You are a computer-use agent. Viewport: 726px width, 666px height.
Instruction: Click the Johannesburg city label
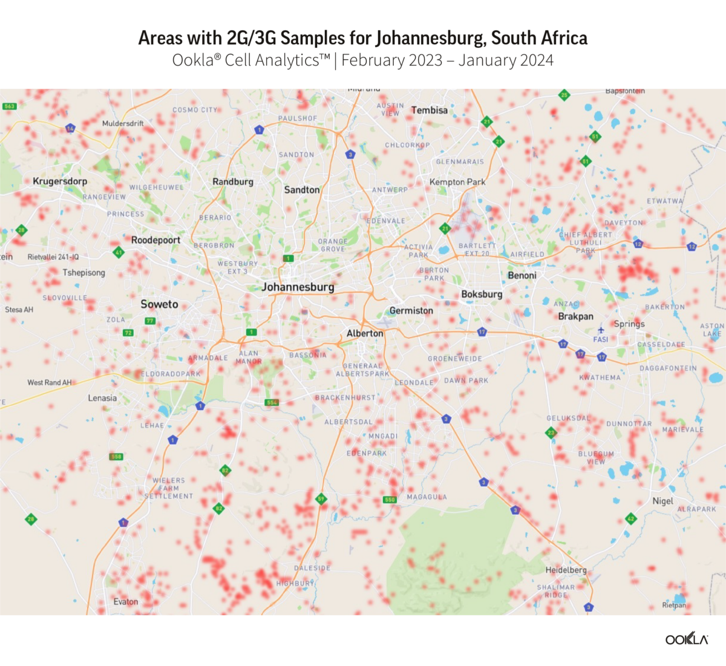298,287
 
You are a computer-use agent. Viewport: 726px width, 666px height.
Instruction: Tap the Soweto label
159,304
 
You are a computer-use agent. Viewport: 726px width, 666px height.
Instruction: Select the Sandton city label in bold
302,190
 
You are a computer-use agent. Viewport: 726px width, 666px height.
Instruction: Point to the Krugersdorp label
60,181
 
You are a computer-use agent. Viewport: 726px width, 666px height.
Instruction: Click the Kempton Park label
457,182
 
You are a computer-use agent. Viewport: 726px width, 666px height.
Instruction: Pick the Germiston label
411,311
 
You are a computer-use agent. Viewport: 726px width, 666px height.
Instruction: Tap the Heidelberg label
566,570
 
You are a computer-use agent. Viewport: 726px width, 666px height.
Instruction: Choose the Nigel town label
662,501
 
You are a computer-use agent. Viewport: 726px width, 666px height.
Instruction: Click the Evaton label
126,602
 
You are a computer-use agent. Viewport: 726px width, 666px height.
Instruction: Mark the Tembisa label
430,110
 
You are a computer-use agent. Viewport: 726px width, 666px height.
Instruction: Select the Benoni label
522,275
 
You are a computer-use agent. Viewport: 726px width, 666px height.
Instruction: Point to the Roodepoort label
155,240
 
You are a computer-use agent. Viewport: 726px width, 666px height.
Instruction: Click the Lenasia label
102,398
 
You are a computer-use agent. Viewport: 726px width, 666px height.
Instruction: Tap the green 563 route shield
9,106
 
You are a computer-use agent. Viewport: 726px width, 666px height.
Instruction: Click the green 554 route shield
272,402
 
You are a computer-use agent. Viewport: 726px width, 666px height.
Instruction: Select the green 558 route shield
116,457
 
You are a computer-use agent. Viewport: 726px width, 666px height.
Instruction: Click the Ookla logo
687,639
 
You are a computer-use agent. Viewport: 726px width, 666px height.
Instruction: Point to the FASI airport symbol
601,330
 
